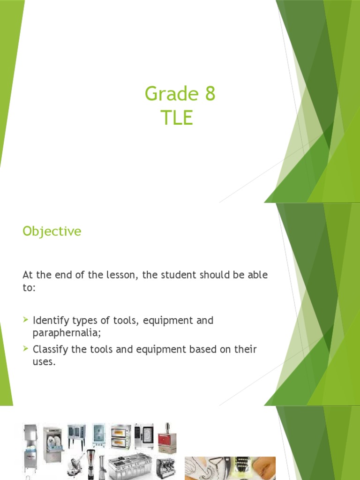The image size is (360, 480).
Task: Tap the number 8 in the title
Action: click(x=210, y=94)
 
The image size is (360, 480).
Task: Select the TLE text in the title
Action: click(x=176, y=118)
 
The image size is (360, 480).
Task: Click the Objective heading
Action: click(x=52, y=232)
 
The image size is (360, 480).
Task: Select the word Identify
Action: click(x=51, y=321)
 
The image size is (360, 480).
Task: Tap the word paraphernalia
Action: click(x=66, y=333)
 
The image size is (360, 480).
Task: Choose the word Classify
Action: click(x=51, y=350)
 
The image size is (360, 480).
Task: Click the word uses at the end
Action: click(x=44, y=362)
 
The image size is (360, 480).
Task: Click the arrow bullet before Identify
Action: click(x=26, y=321)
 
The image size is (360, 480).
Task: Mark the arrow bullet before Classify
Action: click(x=26, y=349)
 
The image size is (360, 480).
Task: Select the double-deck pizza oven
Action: click(x=120, y=437)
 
